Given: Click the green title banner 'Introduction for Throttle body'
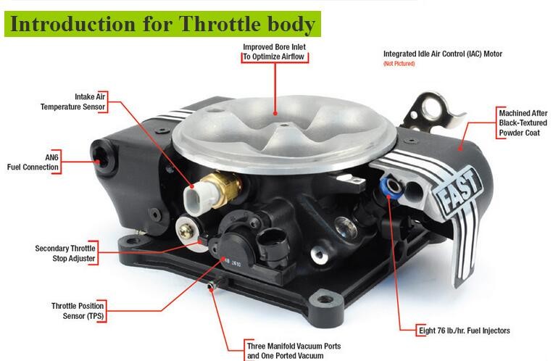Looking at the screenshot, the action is click(x=162, y=24).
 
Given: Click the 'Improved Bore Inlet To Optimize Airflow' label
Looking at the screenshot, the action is click(x=275, y=52).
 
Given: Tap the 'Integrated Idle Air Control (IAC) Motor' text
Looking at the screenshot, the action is click(x=443, y=54).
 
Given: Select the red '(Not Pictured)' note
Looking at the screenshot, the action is click(x=399, y=64).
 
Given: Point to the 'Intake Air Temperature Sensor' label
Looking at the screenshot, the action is click(x=72, y=101).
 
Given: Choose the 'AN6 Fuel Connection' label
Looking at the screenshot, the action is click(x=33, y=162).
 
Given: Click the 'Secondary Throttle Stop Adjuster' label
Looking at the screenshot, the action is click(x=65, y=254).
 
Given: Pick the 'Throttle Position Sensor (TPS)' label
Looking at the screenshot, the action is click(x=78, y=311).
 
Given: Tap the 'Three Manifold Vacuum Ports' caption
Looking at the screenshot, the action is click(x=294, y=347).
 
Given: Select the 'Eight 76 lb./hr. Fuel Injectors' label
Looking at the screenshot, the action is click(x=465, y=331).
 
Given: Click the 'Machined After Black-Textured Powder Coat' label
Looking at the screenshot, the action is click(x=523, y=123).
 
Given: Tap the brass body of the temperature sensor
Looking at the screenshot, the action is click(x=224, y=189).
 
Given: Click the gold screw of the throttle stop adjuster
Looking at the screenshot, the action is click(x=186, y=231).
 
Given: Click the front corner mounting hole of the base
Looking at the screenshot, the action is click(x=325, y=300).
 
